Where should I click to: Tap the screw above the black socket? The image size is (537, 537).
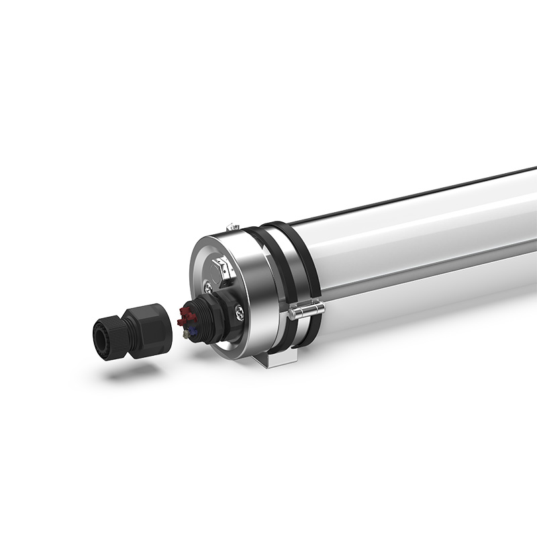pos(210,288)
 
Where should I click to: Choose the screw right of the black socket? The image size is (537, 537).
pos(240,310)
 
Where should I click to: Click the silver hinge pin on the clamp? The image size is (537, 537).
pos(305,310)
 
